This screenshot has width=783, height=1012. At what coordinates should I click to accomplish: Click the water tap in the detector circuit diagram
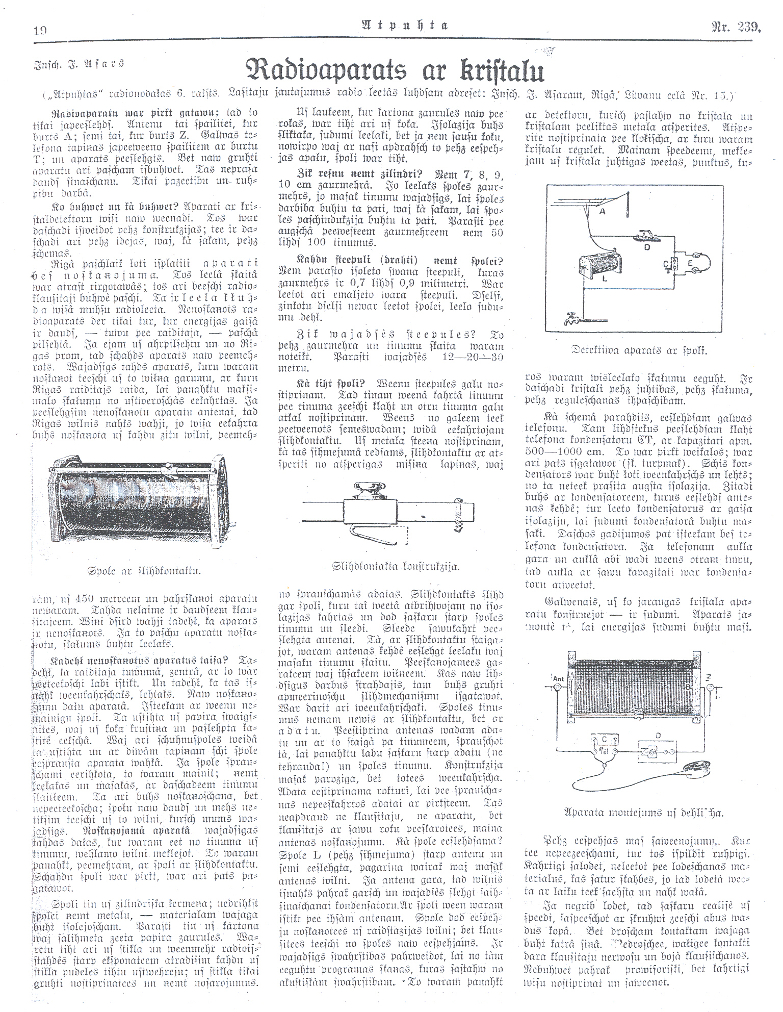(x=570, y=319)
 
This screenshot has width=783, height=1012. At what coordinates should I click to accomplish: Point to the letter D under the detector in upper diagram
(x=646, y=248)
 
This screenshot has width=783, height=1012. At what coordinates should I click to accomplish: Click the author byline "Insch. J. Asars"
(x=80, y=64)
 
